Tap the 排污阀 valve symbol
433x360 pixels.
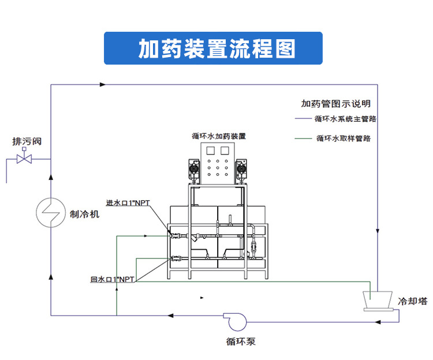24,157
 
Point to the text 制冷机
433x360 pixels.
85,214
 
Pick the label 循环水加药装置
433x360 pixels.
219,137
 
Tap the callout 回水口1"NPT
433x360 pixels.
113,279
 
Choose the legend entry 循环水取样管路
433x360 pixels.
344,138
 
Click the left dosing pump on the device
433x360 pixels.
195,169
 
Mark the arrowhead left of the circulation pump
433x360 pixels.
171,315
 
